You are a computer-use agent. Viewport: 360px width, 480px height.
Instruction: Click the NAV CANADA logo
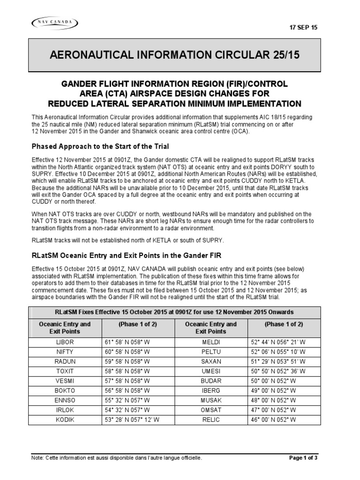click(x=55, y=22)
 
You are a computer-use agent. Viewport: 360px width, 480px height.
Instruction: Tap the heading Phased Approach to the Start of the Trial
click(x=100, y=147)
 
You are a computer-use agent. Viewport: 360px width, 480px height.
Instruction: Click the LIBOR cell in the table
click(x=65, y=342)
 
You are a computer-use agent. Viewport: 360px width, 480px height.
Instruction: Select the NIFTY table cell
click(x=65, y=351)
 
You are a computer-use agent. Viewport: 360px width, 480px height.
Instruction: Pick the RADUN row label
click(x=65, y=360)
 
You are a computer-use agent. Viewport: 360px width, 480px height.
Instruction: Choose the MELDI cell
click(x=211, y=342)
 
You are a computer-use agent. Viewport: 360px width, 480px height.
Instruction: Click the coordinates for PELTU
click(x=278, y=351)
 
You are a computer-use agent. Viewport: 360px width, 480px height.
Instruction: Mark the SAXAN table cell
click(x=211, y=360)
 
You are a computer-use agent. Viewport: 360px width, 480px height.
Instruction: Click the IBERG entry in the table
click(x=211, y=390)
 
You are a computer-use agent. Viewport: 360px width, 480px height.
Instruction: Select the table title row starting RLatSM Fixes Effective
click(x=174, y=312)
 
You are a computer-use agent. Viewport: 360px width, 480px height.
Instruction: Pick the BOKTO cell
click(x=65, y=390)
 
